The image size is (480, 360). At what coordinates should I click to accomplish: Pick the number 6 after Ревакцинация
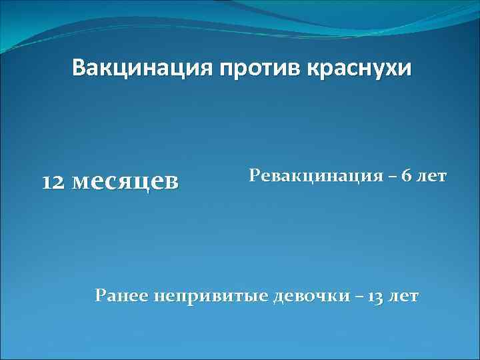point(407,176)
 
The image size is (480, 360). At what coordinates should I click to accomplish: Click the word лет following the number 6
point(433,176)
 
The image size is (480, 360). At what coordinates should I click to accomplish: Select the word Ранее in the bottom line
point(123,295)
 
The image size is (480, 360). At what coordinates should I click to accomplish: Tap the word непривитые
point(211,296)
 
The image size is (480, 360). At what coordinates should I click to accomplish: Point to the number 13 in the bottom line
point(376,295)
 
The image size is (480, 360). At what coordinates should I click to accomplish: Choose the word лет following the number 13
point(405,295)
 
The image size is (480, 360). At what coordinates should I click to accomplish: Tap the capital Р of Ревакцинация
point(254,176)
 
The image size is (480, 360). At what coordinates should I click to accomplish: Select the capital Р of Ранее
point(101,295)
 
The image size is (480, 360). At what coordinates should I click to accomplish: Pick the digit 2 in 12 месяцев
point(58,182)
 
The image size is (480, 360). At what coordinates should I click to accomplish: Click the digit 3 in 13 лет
point(379,295)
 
